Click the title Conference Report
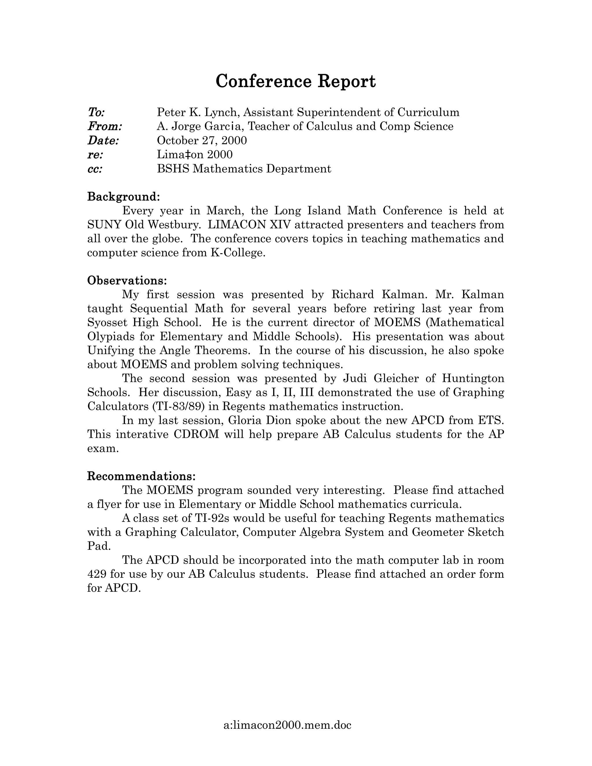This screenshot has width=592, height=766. (295, 82)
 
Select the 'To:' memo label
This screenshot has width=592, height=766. (96, 112)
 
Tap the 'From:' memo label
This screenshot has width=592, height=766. (105, 126)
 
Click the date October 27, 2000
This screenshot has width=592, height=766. (202, 140)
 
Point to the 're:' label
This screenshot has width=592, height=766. (95, 155)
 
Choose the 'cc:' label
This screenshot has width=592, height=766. (95, 169)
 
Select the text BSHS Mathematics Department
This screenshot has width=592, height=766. (244, 169)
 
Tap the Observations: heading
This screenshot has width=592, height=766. (127, 281)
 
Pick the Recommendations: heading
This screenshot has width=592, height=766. (141, 476)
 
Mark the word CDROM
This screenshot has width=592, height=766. (196, 434)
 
